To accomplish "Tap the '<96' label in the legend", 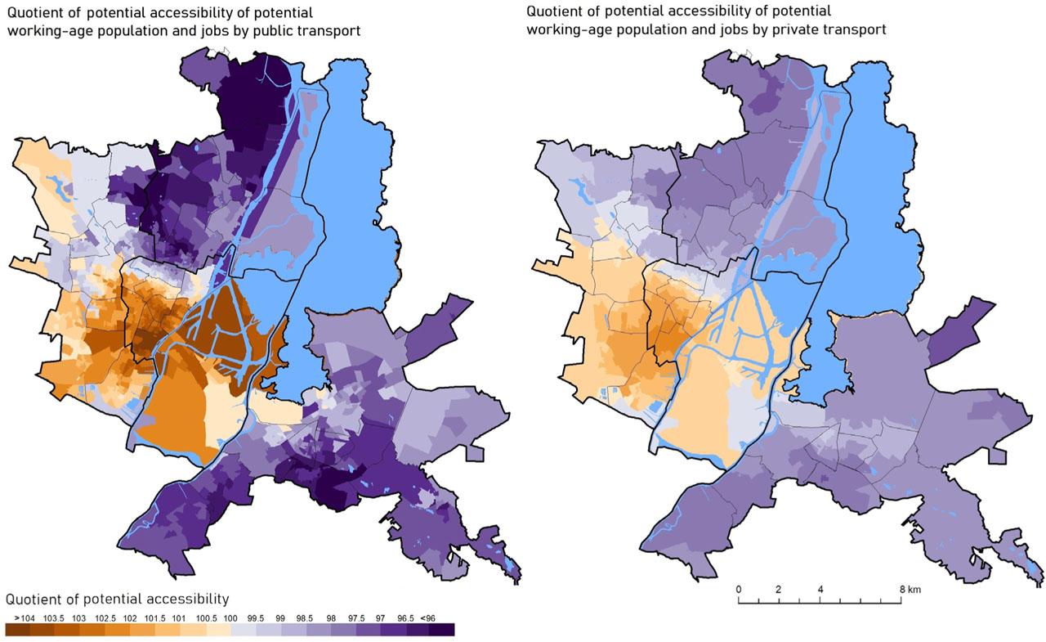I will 440,617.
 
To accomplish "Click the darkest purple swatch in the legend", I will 441,629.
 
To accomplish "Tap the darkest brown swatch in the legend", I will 18,629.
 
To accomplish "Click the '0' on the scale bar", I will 739,590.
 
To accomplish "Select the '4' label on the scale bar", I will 820,590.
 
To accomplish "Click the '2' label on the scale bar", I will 779,590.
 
